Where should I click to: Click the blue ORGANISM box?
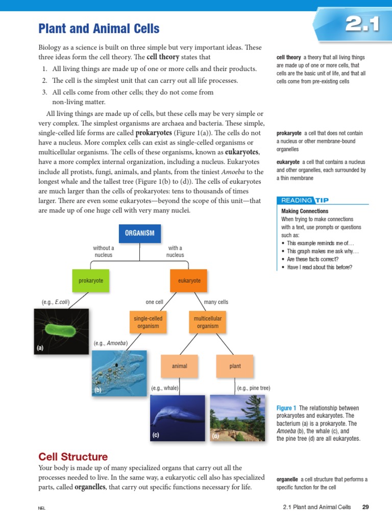pos(139,233)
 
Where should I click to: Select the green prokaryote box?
pos(91,281)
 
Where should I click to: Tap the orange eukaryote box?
pos(189,281)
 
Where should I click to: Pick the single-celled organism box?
pos(148,322)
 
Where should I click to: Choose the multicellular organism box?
pos(207,322)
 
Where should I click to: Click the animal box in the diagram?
pos(180,366)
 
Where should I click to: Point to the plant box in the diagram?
pos(235,366)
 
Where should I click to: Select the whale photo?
pos(178,418)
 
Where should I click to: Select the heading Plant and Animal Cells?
pos(99,29)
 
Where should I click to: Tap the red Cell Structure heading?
pos(73,457)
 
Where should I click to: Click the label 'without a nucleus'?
pos(104,251)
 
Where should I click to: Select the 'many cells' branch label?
pos(216,302)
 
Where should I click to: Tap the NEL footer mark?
pos(42,508)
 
